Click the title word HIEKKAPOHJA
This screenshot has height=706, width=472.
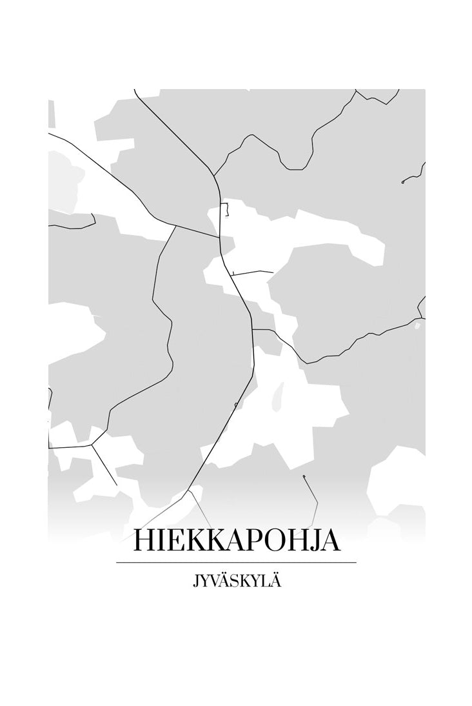236,541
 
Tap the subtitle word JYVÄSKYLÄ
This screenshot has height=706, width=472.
236,581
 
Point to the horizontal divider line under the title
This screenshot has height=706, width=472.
236,563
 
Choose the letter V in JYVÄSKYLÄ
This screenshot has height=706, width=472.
219,581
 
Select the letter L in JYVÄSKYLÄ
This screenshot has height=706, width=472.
266,581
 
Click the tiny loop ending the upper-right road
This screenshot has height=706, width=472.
403,183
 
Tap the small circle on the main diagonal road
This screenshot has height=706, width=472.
236,405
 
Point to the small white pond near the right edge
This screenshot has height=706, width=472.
417,326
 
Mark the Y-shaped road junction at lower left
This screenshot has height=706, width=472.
92,444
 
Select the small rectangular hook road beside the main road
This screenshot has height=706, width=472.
226,210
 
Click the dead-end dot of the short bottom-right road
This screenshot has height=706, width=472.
304,477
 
